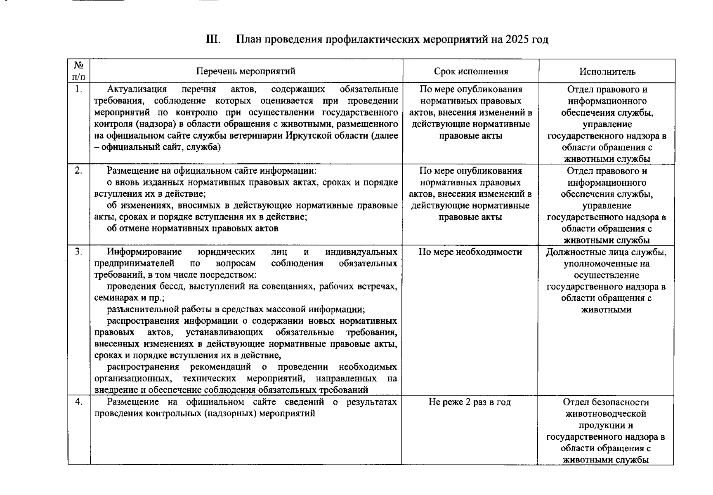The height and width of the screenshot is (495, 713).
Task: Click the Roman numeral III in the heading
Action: [213, 40]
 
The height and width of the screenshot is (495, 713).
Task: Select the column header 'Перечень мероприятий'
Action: [246, 71]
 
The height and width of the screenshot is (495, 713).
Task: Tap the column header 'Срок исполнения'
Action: [471, 71]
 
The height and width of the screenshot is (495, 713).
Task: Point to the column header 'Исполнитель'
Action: [607, 72]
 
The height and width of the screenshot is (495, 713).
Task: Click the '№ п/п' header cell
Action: [79, 71]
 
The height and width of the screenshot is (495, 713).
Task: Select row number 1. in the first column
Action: [79, 89]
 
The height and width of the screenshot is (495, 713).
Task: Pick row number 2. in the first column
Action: [79, 171]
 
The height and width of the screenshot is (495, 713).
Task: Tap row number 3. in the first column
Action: [79, 252]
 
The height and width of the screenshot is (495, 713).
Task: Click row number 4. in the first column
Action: [79, 402]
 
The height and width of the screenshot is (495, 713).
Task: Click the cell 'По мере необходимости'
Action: [470, 252]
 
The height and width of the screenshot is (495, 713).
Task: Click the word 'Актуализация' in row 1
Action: [137, 89]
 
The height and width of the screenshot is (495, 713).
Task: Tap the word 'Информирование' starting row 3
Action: [144, 252]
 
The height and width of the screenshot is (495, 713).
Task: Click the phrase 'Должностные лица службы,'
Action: [606, 252]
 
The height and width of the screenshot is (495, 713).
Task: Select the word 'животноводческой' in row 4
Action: [606, 414]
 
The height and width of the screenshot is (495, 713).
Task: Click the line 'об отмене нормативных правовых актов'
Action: [192, 229]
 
